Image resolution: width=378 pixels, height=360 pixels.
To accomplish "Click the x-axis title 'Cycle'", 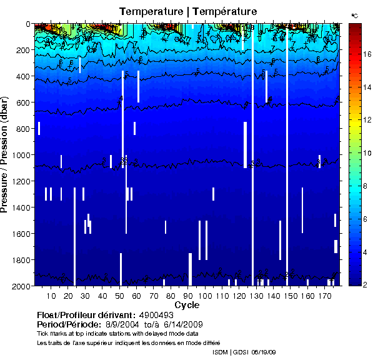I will coord(186,305).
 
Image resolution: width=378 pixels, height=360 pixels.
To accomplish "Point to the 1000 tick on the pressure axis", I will coord(19,155).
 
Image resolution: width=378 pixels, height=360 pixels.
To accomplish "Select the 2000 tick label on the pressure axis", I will coord(19,286).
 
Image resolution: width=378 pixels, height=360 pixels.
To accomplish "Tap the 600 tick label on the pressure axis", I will coord(22,102).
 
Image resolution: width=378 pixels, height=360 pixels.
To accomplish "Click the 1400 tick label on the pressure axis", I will coord(19,207).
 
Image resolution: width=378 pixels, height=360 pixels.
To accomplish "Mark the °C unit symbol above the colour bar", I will coord(354,15).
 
